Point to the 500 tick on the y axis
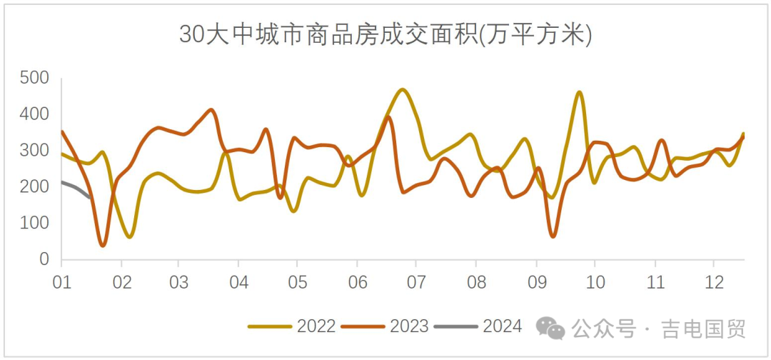pyautogui.click(x=34, y=78)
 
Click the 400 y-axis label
pyautogui.click(x=34, y=114)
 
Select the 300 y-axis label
pyautogui.click(x=34, y=151)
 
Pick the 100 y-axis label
pyautogui.click(x=34, y=224)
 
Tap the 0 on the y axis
pyautogui.click(x=44, y=260)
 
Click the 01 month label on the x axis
pyautogui.click(x=61, y=281)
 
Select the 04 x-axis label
pyautogui.click(x=239, y=281)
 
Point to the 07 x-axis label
pyautogui.click(x=417, y=281)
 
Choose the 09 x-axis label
pyautogui.click(x=535, y=281)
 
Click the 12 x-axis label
pyautogui.click(x=713, y=281)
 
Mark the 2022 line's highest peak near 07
pyautogui.click(x=403, y=90)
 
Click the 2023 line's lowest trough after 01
pyautogui.click(x=103, y=245)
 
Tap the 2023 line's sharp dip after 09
pyautogui.click(x=553, y=236)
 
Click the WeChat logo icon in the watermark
pyautogui.click(x=550, y=328)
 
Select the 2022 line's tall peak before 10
pyautogui.click(x=579, y=92)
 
